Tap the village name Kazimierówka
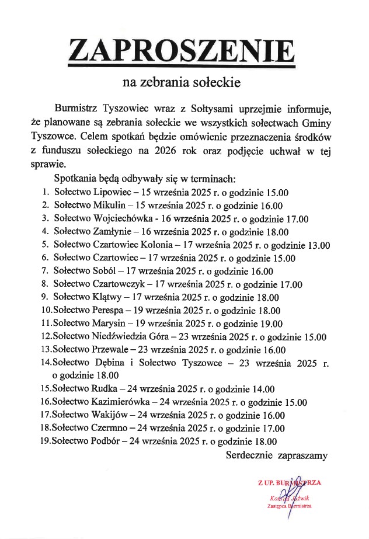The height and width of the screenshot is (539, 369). [x=121, y=402]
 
